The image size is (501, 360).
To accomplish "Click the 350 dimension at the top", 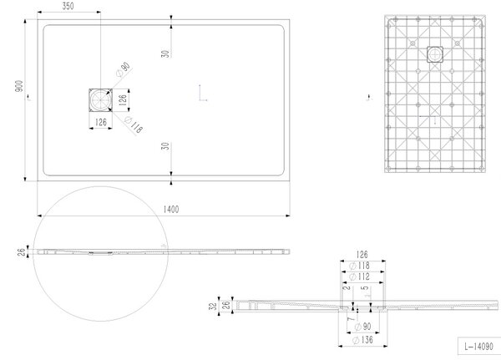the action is coord(68,6).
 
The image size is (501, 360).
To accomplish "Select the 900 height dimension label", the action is coord(19,86).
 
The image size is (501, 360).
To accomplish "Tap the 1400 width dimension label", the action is coord(171,210).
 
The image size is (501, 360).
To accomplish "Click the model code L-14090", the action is coord(478,346).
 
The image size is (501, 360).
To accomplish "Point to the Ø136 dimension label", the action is coord(362,340).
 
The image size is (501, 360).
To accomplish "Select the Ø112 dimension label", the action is coord(359,276).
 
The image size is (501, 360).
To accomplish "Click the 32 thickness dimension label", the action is coord(213,306).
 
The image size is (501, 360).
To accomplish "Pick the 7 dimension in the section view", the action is coord(351,319).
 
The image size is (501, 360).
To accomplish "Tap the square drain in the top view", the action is coord(101,100).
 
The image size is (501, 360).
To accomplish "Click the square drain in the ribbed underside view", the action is coord(435,54).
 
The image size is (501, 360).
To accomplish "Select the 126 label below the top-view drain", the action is coord(101,122).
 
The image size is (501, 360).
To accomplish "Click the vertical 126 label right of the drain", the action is coord(123,100).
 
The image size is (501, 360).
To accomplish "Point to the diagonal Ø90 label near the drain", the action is coord(124,69).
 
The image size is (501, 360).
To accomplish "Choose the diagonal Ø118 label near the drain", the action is coord(134,125).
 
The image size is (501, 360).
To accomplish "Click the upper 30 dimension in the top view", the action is coord(165,53).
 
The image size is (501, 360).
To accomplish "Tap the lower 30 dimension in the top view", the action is coord(165,146).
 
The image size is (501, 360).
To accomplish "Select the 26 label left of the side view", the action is coord(22,252).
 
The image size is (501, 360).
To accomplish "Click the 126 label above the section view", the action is coord(362,255).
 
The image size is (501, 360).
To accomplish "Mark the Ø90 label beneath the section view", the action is coord(363,327).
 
